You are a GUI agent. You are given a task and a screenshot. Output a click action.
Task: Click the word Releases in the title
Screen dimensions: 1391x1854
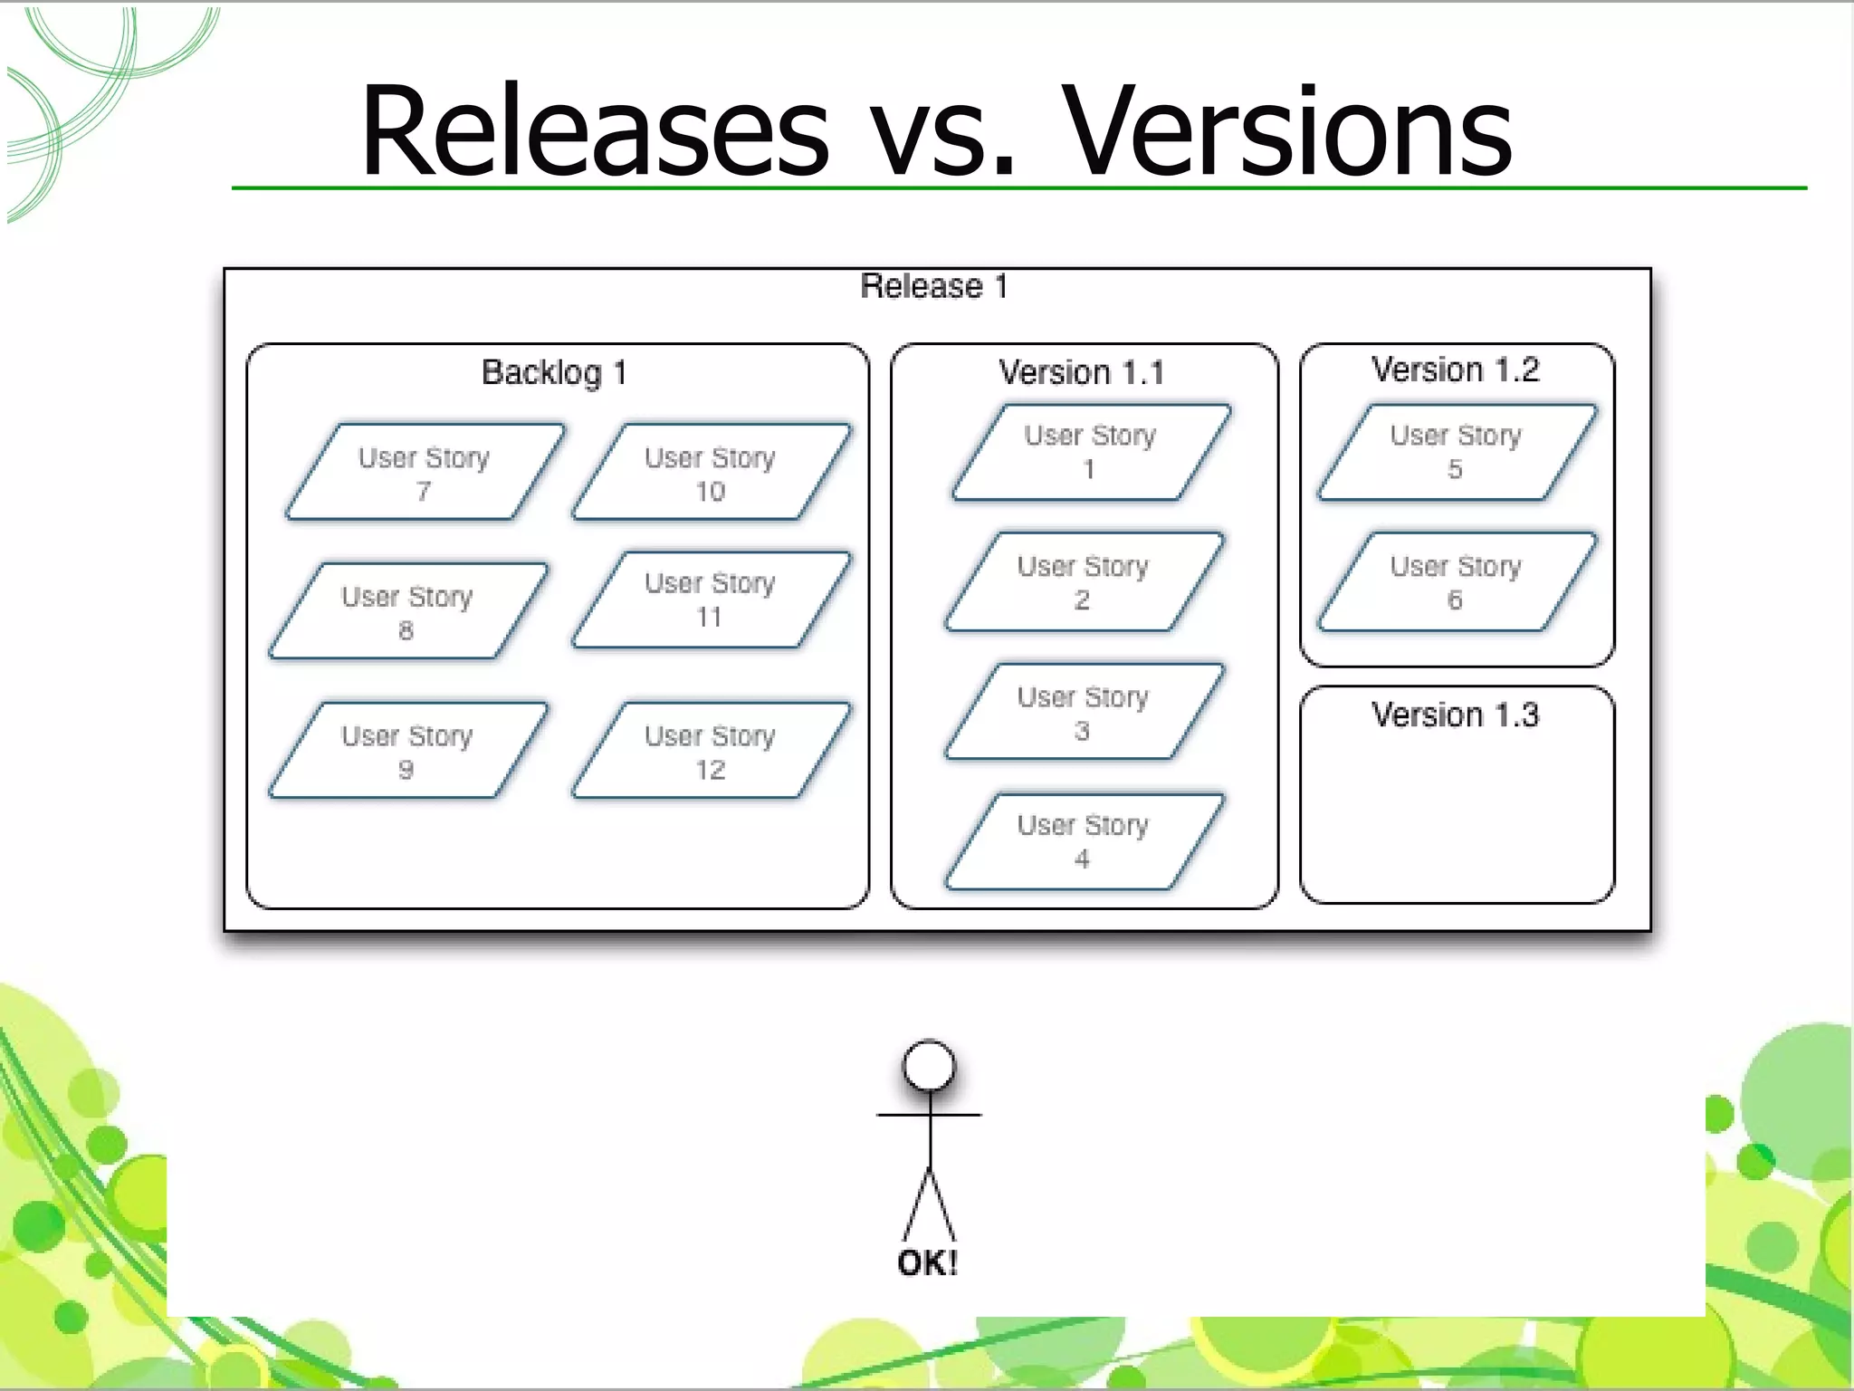click(594, 131)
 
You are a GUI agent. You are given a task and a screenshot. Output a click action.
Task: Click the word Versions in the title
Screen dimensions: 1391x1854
click(1285, 131)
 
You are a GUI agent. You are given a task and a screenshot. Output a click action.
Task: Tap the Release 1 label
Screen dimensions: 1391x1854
click(933, 286)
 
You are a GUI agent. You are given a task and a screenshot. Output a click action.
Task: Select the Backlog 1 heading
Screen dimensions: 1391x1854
click(554, 372)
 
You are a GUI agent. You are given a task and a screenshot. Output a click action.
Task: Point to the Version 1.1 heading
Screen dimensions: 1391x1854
click(1082, 372)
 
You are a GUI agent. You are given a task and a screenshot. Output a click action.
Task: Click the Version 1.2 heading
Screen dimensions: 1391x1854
click(1455, 369)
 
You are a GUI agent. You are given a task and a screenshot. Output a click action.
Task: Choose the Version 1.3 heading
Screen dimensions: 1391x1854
click(1455, 715)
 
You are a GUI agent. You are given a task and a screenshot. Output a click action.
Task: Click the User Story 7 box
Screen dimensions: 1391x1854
click(424, 473)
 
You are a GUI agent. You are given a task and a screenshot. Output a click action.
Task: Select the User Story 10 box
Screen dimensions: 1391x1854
click(711, 473)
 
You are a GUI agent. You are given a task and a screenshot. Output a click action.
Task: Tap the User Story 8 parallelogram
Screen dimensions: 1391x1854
click(407, 612)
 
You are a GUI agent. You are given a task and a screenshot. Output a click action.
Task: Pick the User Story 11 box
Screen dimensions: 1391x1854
click(711, 600)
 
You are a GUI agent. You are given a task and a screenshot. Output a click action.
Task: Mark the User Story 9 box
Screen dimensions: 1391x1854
click(407, 751)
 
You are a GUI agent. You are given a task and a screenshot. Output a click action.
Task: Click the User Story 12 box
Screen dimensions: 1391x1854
click(711, 751)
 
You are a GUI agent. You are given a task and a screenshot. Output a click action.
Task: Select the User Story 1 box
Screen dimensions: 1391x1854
click(1090, 452)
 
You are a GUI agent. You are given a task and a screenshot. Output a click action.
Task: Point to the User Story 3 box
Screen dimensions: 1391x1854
click(1083, 713)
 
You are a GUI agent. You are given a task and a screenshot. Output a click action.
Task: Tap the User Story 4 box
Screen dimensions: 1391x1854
click(1083, 841)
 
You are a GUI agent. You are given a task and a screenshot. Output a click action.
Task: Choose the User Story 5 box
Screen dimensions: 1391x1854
click(1456, 452)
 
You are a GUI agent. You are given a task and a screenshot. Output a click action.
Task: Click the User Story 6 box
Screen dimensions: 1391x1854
click(1456, 582)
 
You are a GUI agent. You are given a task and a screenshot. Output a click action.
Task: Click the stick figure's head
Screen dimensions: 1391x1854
click(929, 1066)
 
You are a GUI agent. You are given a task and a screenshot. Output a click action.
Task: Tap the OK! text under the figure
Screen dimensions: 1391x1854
click(928, 1262)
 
